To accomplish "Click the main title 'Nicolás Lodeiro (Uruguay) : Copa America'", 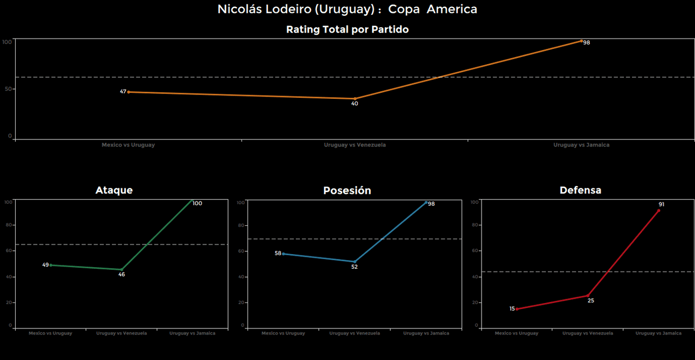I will tap(347, 9).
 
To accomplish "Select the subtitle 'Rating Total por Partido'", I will tap(347, 30).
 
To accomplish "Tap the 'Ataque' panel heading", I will tap(114, 190).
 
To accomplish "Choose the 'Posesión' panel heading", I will tap(347, 191).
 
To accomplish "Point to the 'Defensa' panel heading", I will tap(580, 190).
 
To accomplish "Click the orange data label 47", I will tap(123, 92).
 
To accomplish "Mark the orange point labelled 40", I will tap(355, 99).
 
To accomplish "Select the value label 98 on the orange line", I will tap(586, 42).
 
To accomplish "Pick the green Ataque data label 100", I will tap(197, 204).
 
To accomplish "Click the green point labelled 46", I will tap(121, 269).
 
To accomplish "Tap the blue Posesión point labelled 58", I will tap(283, 254).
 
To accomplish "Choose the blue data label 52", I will tap(355, 267).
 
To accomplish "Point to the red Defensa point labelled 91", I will tap(659, 211).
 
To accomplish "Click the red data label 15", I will tap(512, 309).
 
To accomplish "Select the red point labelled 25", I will tap(587, 295).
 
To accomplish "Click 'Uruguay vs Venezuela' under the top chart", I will tap(355, 145).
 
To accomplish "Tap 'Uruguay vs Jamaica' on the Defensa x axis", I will tap(659, 333).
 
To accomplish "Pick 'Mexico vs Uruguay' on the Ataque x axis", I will tap(50, 333).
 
